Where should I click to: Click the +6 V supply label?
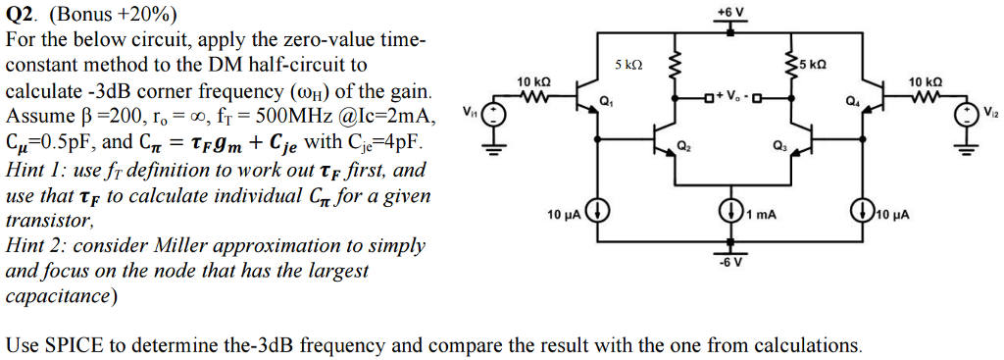click(x=730, y=11)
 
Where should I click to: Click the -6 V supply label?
click(x=730, y=262)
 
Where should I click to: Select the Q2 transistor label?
click(x=682, y=147)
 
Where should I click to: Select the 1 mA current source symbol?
click(x=730, y=212)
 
